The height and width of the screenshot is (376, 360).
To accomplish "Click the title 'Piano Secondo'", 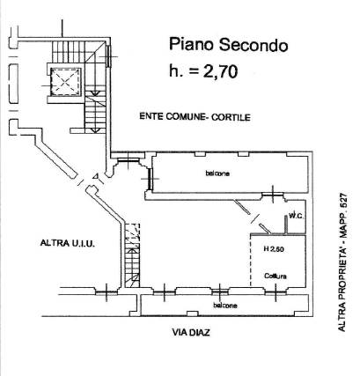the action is [x=228, y=46].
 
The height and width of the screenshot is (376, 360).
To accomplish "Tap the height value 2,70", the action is [x=220, y=71].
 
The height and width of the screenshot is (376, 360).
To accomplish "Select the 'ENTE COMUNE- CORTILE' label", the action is [x=195, y=117].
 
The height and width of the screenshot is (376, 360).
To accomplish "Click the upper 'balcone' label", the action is [x=217, y=173].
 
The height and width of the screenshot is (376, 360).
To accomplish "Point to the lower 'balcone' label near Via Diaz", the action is [x=225, y=306].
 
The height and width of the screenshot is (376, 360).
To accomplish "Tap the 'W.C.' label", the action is [x=296, y=217].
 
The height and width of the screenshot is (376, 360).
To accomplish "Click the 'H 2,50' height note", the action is [x=274, y=249].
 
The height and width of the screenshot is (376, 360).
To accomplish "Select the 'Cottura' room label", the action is [x=276, y=276].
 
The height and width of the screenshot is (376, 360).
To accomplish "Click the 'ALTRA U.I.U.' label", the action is [x=68, y=243].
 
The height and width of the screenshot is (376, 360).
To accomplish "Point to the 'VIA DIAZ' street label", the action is [x=191, y=333].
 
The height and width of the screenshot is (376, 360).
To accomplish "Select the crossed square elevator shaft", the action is [x=65, y=82].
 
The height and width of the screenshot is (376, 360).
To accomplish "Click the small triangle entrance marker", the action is [x=95, y=176].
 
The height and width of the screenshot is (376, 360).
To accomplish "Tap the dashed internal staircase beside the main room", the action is [x=132, y=255].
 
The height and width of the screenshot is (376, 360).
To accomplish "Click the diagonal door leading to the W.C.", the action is [x=253, y=216].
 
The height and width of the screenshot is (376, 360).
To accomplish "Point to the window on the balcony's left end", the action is [x=151, y=179].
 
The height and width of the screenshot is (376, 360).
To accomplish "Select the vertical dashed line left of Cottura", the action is [x=251, y=261].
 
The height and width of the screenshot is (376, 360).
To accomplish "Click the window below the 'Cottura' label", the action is [x=276, y=291].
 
